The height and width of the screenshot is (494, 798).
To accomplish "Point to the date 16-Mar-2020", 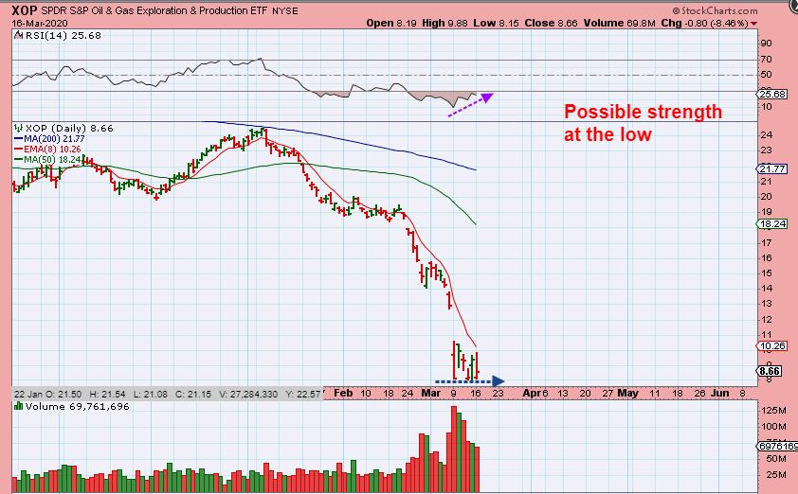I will tap(36, 22).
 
